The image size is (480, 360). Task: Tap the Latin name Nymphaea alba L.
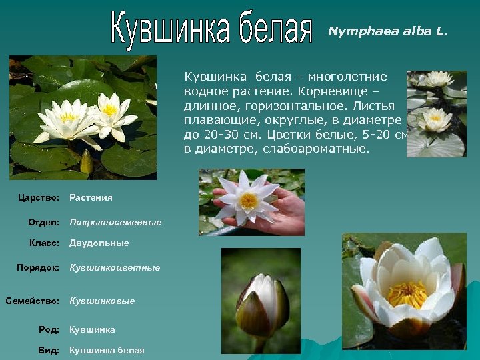(x=388, y=31)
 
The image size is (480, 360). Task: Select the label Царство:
(x=40, y=198)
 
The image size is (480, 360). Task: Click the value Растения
(x=91, y=198)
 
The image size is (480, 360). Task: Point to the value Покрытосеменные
(x=115, y=222)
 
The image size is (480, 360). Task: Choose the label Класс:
(x=45, y=243)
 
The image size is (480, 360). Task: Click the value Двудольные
(x=99, y=243)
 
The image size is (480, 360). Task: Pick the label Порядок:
(x=39, y=267)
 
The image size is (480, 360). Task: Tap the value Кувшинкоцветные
(x=115, y=267)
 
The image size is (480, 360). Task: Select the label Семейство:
(x=33, y=301)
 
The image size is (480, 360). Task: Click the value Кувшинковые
(x=102, y=301)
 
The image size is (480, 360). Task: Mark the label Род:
(x=49, y=329)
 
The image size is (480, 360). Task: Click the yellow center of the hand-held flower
(x=249, y=200)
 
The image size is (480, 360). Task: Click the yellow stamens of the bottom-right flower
(x=407, y=294)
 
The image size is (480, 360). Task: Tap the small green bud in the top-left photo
(x=86, y=162)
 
